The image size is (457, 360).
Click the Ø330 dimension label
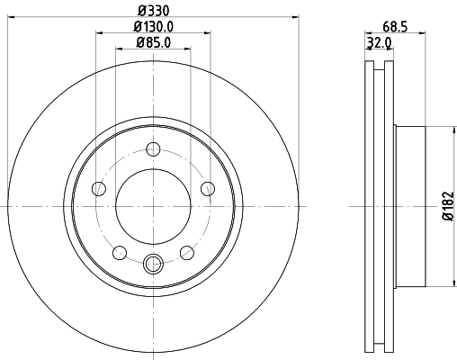[154, 9]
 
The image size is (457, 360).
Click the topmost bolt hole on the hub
[153, 149]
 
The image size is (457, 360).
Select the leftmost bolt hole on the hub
[99, 188]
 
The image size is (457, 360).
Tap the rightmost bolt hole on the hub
[208, 188]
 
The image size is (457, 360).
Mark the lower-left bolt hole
[120, 253]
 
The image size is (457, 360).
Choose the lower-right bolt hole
[187, 253]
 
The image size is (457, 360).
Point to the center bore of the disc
[153, 206]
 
